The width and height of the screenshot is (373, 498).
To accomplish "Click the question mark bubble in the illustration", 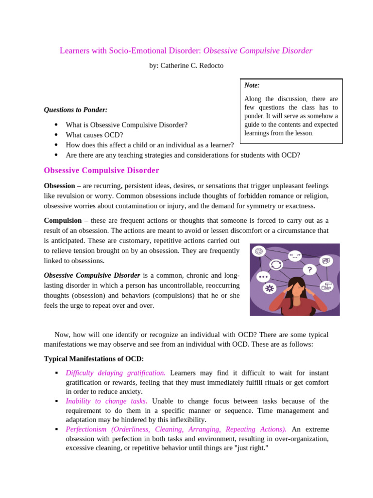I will (x=309, y=269).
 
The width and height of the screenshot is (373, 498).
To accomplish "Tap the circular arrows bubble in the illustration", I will (x=276, y=265).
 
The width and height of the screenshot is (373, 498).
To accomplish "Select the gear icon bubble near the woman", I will (x=270, y=288).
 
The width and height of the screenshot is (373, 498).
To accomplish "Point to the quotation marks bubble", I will (x=295, y=255).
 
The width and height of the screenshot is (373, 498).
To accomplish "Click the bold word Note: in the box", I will (x=252, y=85).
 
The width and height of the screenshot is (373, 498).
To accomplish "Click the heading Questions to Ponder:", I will (x=76, y=110).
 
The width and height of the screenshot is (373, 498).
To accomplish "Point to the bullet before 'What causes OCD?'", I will (x=56, y=135).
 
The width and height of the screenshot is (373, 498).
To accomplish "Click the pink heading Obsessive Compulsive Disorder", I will (x=102, y=171).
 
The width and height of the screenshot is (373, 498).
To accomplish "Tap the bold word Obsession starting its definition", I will (x=59, y=186).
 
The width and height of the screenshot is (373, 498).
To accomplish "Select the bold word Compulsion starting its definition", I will (x=62, y=221).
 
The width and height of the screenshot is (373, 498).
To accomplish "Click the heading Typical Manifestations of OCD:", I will (x=94, y=359).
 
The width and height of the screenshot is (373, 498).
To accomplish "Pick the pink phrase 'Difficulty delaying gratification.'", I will (x=116, y=373).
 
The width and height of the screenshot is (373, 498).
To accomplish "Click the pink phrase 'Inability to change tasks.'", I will (x=106, y=401).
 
